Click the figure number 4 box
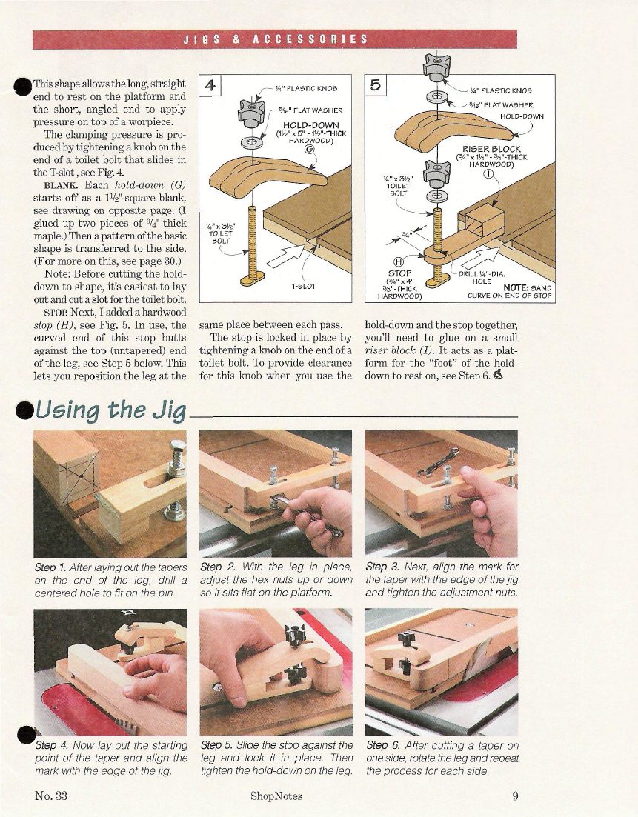[x=210, y=85]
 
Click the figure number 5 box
[x=376, y=85]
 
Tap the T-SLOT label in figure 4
[x=303, y=286]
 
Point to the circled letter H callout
[x=402, y=263]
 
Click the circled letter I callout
[x=488, y=174]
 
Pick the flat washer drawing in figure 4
[x=252, y=141]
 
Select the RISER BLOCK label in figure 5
[x=491, y=150]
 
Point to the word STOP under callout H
[x=400, y=273]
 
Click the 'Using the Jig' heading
[x=111, y=410]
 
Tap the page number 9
[x=515, y=796]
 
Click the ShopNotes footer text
[x=276, y=796]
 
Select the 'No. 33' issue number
[x=51, y=796]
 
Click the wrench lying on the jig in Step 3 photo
[x=438, y=463]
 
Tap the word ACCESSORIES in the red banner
[x=310, y=39]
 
